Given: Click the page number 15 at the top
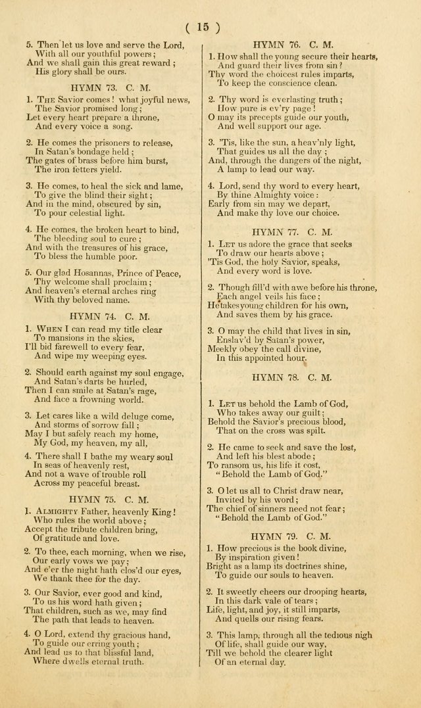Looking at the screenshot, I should [203, 27].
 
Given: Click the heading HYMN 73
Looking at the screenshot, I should [103, 86].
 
